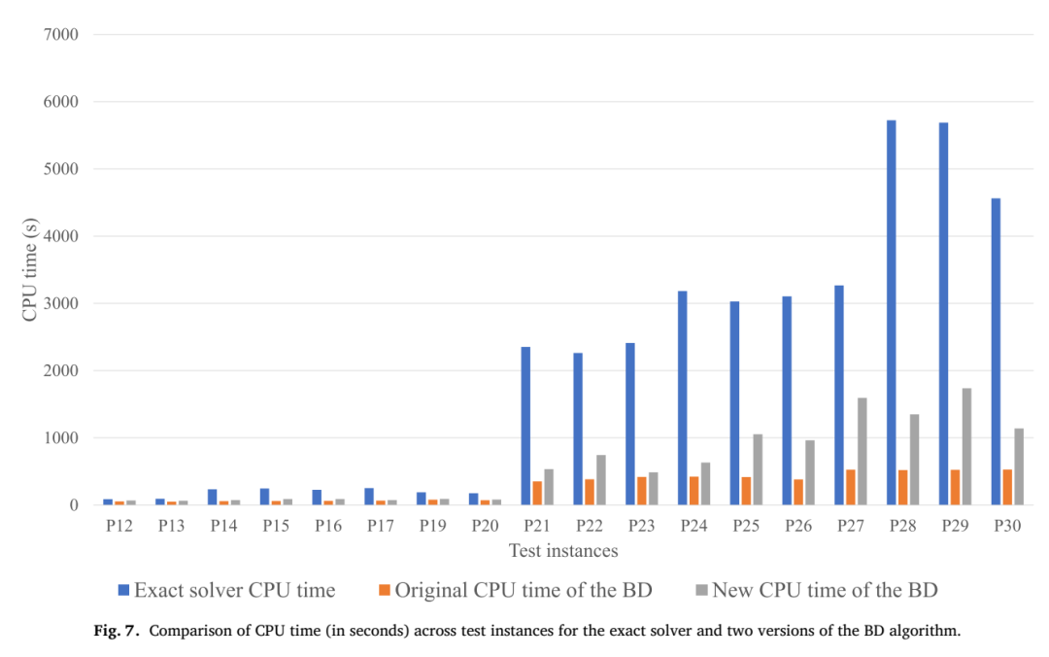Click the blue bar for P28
pyautogui.click(x=891, y=312)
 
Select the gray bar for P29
pyautogui.click(x=966, y=446)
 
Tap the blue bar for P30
pyautogui.click(x=996, y=352)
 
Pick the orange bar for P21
pyautogui.click(x=537, y=493)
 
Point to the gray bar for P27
pyautogui.click(x=863, y=451)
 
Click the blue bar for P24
pyautogui.click(x=683, y=398)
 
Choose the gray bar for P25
pyautogui.click(x=758, y=469)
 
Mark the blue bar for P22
pyautogui.click(x=578, y=429)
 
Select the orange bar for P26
pyautogui.click(x=798, y=492)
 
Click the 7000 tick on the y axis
pyautogui.click(x=61, y=34)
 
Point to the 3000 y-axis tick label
pyautogui.click(x=61, y=303)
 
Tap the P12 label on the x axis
pyautogui.click(x=119, y=526)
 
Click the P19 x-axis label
pyautogui.click(x=433, y=526)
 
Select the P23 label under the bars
pyautogui.click(x=642, y=526)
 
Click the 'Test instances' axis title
pyautogui.click(x=563, y=550)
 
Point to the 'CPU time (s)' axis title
pyautogui.click(x=29, y=270)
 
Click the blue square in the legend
pyautogui.click(x=123, y=590)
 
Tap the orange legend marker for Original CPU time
pyautogui.click(x=384, y=590)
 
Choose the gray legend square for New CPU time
pyautogui.click(x=702, y=590)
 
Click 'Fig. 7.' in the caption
pyautogui.click(x=117, y=631)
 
